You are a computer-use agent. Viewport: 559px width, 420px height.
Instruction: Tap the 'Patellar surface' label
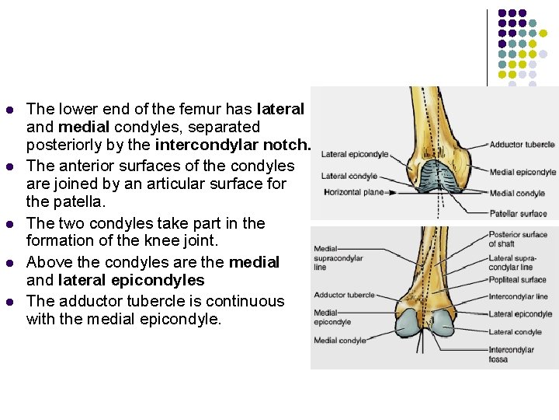coord(518,213)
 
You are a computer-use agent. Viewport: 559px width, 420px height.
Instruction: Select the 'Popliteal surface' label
coord(517,279)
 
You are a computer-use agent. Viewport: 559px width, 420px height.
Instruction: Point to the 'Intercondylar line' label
coord(519,296)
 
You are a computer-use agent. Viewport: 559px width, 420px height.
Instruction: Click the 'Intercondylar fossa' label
coord(511,355)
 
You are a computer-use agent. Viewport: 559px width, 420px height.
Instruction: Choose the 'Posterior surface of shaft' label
coord(518,239)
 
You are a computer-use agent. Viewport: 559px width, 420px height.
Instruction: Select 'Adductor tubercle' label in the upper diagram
coord(522,145)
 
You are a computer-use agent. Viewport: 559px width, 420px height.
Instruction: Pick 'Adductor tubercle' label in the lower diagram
coord(344,295)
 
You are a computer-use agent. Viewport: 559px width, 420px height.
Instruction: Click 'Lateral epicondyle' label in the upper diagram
coord(355,154)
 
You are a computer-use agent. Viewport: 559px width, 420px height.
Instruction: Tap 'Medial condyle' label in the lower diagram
coord(340,341)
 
